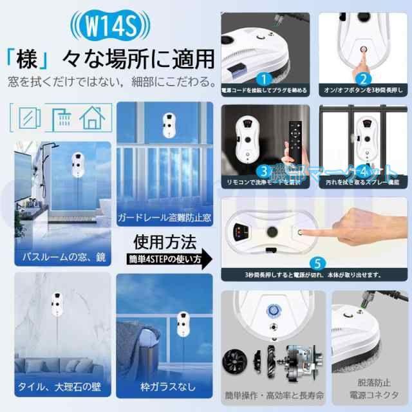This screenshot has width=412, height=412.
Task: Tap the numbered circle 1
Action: point(262,79)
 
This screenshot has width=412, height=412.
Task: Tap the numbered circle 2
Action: point(362,79)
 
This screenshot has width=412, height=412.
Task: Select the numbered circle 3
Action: point(263,171)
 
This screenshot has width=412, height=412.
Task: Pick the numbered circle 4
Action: point(364,171)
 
